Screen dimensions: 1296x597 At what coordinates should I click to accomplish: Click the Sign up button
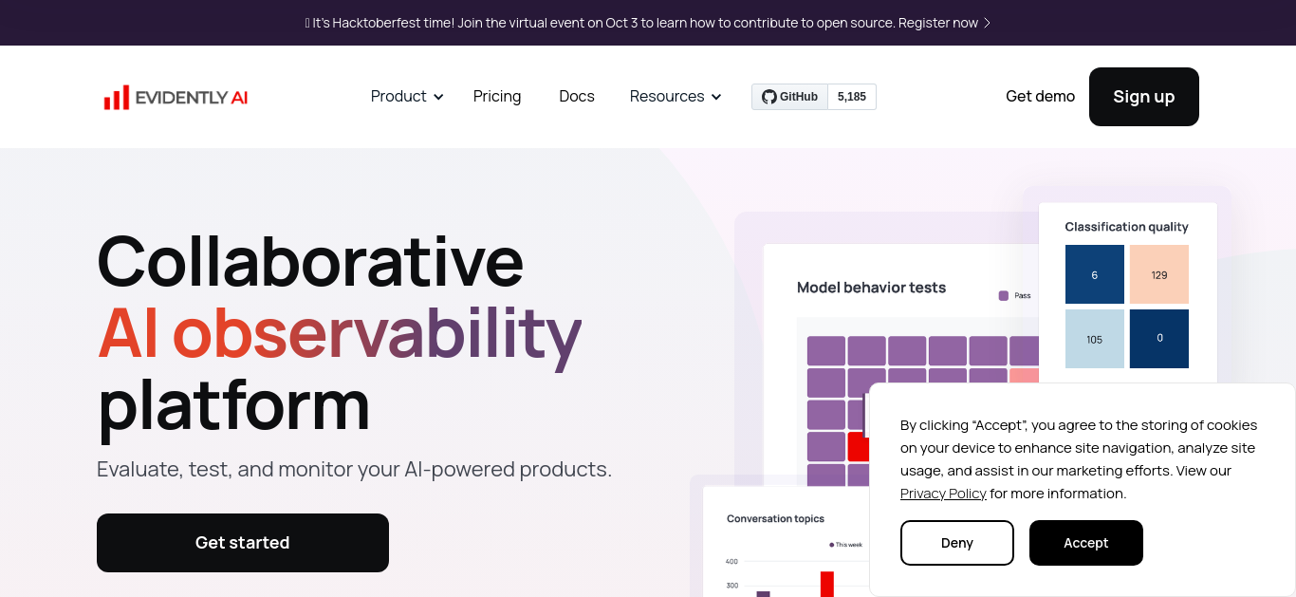tap(1144, 97)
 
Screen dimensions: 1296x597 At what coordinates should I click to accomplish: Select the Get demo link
tap(1040, 96)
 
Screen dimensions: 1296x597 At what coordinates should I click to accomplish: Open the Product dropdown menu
tap(407, 96)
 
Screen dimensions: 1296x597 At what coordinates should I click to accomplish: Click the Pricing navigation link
tap(497, 96)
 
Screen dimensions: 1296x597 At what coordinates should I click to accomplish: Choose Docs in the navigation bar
tap(577, 96)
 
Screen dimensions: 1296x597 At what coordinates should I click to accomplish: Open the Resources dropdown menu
tap(676, 96)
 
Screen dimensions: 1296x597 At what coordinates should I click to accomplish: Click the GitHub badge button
tap(789, 97)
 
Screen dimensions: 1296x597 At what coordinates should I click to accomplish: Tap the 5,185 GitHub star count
tap(852, 97)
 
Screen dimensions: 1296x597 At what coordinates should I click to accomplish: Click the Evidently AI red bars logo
tap(117, 97)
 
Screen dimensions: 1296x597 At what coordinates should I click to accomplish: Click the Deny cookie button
tap(957, 543)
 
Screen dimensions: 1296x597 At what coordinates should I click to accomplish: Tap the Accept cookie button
tap(1086, 543)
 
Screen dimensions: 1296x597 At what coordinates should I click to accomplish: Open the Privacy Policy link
tap(943, 494)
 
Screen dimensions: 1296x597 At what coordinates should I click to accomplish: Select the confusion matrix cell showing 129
tap(1158, 274)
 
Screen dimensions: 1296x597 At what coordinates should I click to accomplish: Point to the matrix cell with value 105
tap(1095, 339)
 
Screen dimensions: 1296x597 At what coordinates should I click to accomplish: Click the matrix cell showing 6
tap(1095, 274)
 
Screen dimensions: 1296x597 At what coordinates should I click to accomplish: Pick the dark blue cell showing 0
tap(1158, 339)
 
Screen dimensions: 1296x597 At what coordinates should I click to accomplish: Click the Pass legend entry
tap(1015, 296)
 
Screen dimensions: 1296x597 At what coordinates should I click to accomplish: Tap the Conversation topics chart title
tap(775, 519)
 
